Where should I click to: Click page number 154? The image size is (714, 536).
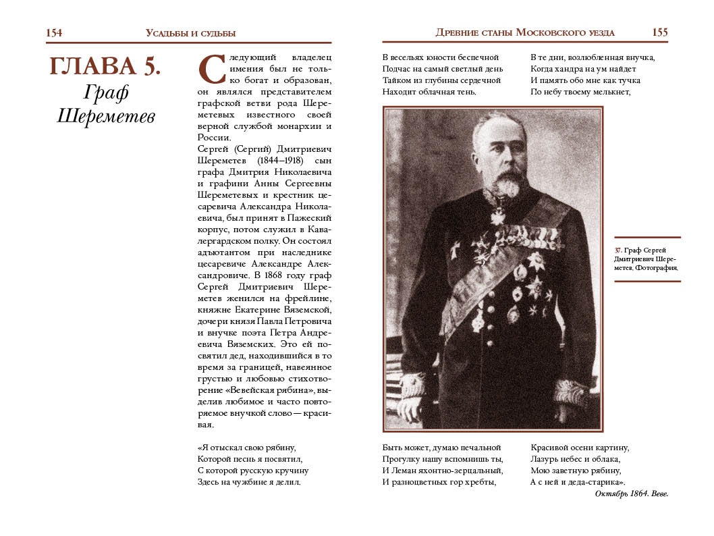pos(54,32)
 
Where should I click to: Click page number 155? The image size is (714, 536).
pos(660,32)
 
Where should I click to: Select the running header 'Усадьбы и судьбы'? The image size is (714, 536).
pos(190,33)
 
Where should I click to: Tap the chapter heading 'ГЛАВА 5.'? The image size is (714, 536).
pos(105,66)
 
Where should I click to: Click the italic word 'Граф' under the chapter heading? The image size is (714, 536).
pos(106,92)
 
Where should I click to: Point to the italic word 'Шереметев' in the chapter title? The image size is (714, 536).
pos(106,116)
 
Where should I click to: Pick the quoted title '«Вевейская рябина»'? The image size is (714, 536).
pos(270,391)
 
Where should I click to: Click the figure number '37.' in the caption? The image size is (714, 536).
pos(618,250)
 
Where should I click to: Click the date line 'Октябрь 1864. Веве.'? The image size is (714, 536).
pos(631,494)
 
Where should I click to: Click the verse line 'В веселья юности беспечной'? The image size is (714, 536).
pos(440,57)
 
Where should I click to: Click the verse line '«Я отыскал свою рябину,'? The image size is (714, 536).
pos(247,448)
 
